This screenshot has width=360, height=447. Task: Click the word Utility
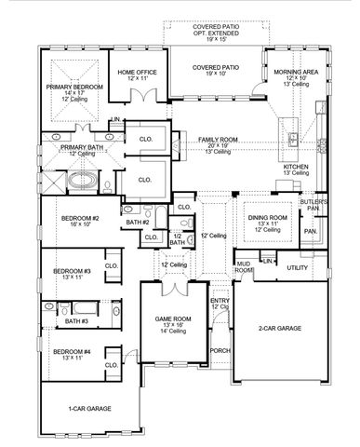click(x=297, y=268)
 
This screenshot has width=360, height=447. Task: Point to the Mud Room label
click(x=244, y=267)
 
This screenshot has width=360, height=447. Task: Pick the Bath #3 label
click(x=75, y=322)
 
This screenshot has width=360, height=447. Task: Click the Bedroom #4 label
click(x=71, y=353)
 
